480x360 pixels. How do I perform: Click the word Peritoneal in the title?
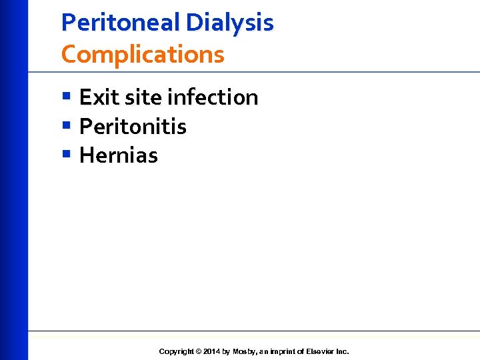click(x=121, y=23)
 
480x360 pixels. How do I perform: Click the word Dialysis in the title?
click(x=229, y=23)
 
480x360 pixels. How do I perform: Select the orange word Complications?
click(x=143, y=54)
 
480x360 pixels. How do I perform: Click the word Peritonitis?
click(x=133, y=126)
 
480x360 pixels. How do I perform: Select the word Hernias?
click(x=118, y=155)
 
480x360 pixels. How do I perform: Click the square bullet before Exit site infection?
click(x=65, y=97)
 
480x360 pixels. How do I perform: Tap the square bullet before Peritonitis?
click(x=65, y=125)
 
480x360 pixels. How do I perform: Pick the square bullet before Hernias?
click(x=65, y=155)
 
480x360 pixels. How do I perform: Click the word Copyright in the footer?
click(x=177, y=351)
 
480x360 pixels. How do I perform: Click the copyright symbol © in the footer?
click(x=199, y=351)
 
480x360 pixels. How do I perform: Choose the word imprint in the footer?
click(x=285, y=351)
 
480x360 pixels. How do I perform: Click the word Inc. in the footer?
click(x=341, y=351)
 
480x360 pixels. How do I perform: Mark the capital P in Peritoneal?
click(x=67, y=23)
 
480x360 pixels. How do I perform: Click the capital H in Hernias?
click(x=85, y=155)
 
